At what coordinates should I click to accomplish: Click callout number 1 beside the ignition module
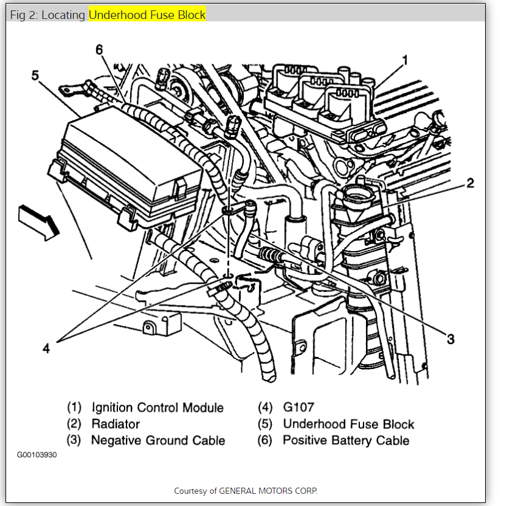click(404, 60)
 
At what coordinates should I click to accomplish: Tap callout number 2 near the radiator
click(470, 182)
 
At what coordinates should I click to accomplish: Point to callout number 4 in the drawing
click(46, 349)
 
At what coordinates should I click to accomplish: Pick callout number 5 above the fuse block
click(35, 75)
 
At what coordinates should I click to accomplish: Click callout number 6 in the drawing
click(100, 50)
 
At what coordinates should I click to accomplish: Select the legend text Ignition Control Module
click(158, 408)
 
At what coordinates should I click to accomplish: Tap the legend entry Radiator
click(115, 424)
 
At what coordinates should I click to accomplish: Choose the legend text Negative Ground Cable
click(158, 440)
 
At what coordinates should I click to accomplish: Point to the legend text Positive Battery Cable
click(346, 440)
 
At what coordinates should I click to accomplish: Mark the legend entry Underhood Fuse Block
click(348, 424)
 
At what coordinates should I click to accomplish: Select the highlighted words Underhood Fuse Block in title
click(148, 15)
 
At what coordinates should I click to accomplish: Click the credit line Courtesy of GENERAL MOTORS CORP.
click(246, 491)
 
